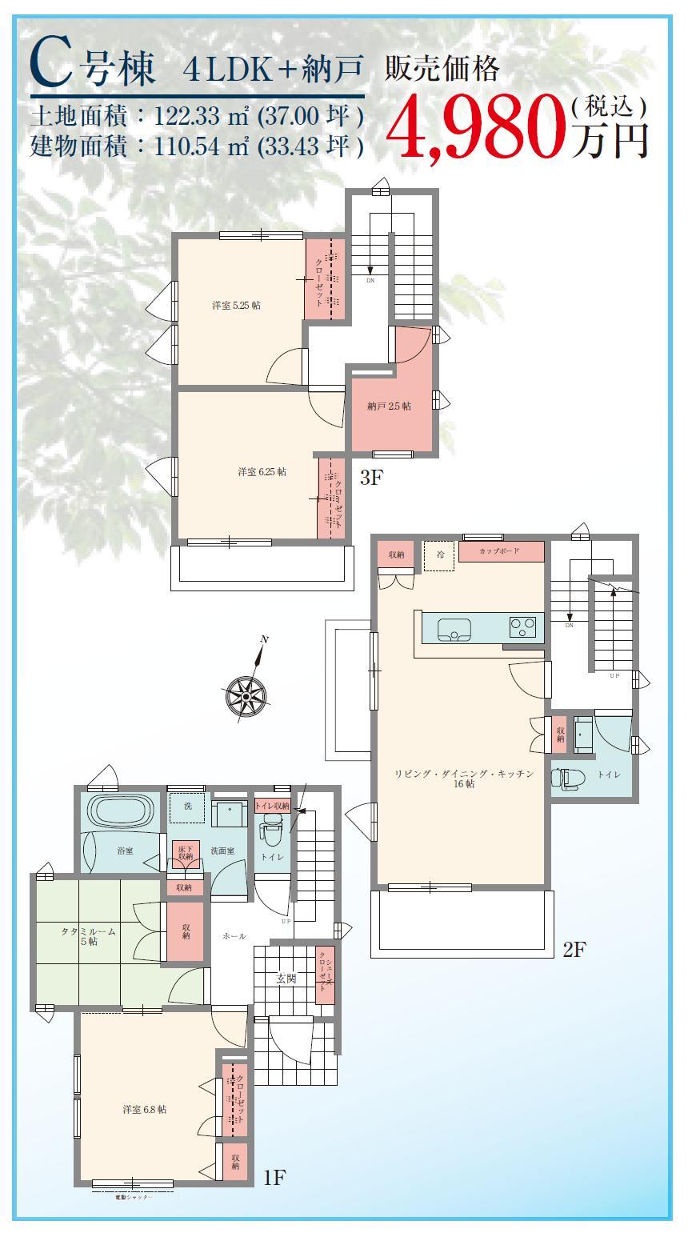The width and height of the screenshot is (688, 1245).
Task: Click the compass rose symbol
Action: click(246, 694)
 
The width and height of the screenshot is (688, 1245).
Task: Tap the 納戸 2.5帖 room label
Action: click(390, 406)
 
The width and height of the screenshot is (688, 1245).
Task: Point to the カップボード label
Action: click(500, 552)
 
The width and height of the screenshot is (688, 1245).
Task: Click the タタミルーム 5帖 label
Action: click(89, 937)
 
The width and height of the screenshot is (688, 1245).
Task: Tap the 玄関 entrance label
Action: click(286, 978)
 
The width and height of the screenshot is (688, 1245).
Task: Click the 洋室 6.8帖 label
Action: click(145, 1110)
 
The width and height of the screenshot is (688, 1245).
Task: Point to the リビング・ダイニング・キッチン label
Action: click(463, 779)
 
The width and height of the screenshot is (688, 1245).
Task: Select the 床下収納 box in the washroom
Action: click(185, 852)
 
